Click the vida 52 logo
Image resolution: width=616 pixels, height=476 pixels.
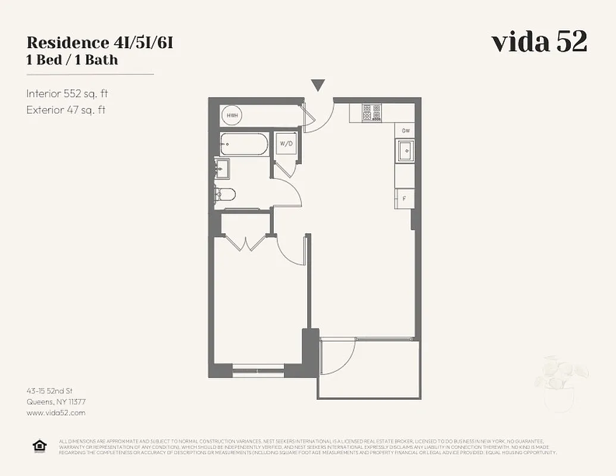(x=539, y=42)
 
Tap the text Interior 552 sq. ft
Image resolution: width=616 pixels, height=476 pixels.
(x=67, y=93)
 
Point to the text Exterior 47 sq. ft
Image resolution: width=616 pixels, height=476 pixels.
(x=65, y=109)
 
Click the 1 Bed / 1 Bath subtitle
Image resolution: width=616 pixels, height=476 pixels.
(x=72, y=60)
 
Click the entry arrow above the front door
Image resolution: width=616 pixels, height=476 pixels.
(x=318, y=86)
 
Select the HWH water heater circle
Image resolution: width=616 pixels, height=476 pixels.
(x=232, y=115)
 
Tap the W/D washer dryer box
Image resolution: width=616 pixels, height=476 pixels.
(x=286, y=143)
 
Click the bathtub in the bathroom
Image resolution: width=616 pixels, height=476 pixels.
(x=244, y=144)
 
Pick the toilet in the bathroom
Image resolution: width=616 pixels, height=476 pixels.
(x=226, y=194)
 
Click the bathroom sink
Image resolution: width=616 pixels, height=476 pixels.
(x=222, y=169)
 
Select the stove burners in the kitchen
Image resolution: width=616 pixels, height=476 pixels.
(x=371, y=112)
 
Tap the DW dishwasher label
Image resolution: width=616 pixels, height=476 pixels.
(x=405, y=130)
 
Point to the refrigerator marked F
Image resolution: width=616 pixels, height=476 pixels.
(x=405, y=198)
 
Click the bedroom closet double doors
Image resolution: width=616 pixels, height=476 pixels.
(x=248, y=243)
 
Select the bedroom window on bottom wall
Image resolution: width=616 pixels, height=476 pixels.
(x=258, y=370)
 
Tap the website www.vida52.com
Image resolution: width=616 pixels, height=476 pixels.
(x=56, y=412)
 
